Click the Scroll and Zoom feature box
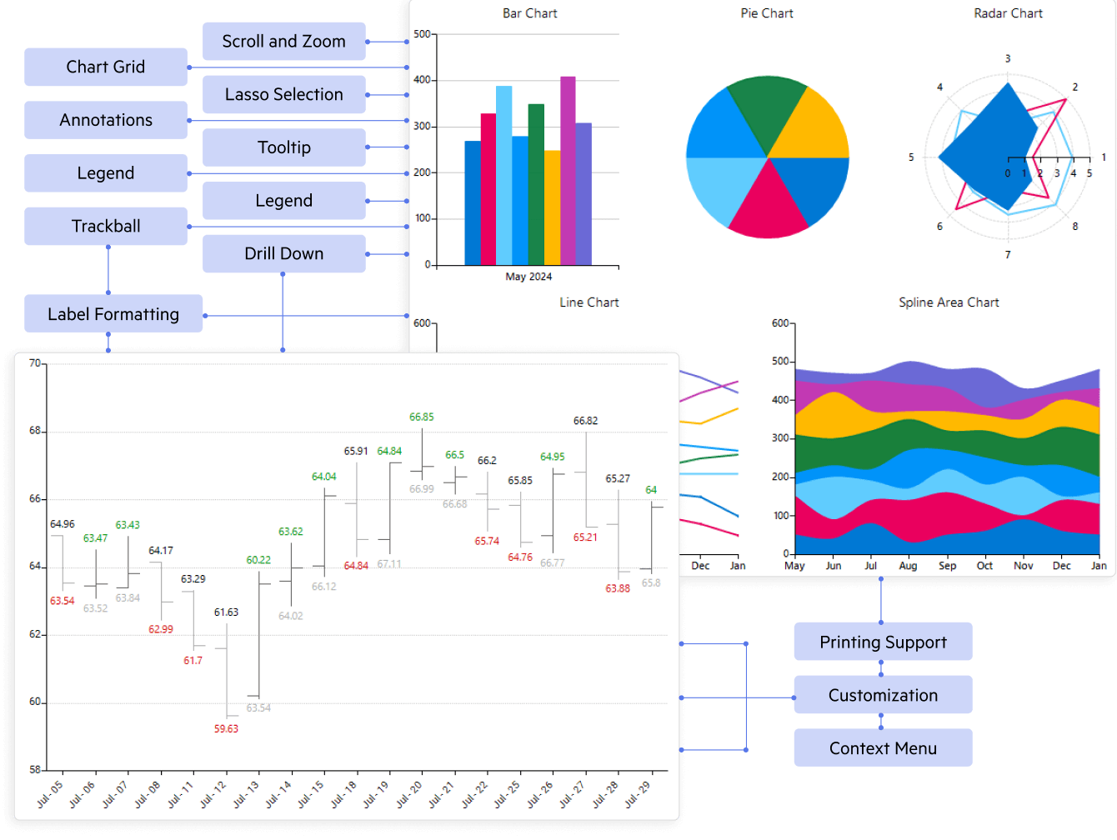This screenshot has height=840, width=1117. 283,42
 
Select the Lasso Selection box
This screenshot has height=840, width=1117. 283,95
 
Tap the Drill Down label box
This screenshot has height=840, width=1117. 283,254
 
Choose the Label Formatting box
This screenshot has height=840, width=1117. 113,314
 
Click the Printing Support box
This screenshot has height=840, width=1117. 883,642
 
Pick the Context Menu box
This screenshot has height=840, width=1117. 883,748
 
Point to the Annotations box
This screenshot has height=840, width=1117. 106,120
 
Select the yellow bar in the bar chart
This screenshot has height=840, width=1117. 552,208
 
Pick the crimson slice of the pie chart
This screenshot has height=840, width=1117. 768,204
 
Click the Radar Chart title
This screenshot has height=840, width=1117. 1008,13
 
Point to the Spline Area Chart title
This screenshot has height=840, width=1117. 949,302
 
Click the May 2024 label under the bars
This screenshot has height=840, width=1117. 528,277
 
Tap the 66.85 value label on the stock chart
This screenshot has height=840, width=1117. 422,417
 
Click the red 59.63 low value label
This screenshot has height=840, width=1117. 226,729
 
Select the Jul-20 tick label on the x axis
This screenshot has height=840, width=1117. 409,794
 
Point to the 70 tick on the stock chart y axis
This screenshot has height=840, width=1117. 35,363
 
